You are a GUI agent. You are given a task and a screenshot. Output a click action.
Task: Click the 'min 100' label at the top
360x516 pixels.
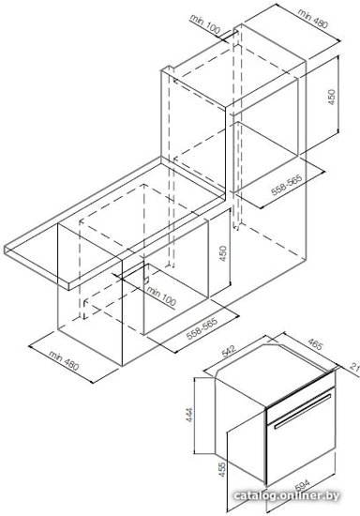coord(204,24)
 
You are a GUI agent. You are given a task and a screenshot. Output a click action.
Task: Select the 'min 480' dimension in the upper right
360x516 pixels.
coord(313,18)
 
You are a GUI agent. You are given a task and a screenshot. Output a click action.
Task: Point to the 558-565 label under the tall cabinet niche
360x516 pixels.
coord(287,185)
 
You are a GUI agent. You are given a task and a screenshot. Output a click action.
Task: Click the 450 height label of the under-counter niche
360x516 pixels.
coord(223,254)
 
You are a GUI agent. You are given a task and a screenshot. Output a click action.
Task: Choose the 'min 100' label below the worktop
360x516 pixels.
coord(161,296)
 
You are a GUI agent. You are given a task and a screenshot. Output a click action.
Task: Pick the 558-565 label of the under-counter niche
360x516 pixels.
coord(202,328)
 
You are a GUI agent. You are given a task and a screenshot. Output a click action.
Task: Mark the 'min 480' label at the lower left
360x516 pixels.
coord(64,360)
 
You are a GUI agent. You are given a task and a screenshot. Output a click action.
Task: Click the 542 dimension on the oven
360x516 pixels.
coord(229,351)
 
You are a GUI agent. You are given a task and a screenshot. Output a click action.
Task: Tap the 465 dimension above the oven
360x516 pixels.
coord(316,344)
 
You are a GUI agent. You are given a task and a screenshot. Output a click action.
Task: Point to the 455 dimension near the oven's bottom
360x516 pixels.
coord(222,470)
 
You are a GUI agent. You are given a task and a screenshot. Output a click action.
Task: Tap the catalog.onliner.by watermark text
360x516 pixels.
coord(287,495)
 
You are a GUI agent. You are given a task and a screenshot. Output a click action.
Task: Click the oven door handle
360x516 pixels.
coord(303,411)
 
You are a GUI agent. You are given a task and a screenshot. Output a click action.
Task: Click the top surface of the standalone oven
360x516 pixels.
coord(276,373)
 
